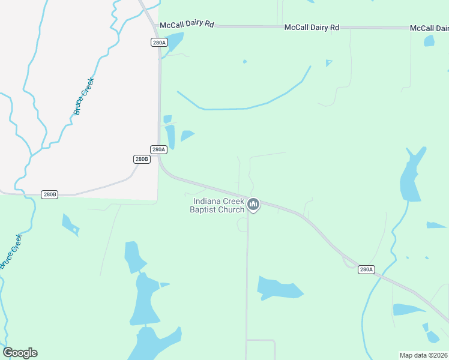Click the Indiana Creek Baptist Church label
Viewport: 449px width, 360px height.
[217, 205]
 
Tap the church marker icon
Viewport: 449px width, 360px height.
[254, 205]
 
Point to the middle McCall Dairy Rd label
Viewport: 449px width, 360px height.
[312, 28]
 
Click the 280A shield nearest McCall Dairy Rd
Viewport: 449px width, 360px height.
[158, 42]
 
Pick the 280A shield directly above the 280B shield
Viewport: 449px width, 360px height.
[158, 149]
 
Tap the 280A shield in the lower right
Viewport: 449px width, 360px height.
[366, 269]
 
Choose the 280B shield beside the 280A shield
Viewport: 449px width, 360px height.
[141, 159]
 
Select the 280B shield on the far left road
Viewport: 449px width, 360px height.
[50, 194]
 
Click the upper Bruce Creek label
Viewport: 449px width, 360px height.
[83, 96]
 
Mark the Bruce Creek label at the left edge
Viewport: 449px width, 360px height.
[12, 251]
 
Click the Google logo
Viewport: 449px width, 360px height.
[20, 353]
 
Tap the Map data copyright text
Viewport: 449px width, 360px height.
[424, 355]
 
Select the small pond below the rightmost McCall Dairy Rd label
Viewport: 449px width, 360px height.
[429, 41]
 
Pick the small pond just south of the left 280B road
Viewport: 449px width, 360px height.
[70, 223]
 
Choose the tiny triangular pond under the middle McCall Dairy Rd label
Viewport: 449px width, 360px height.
[328, 62]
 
